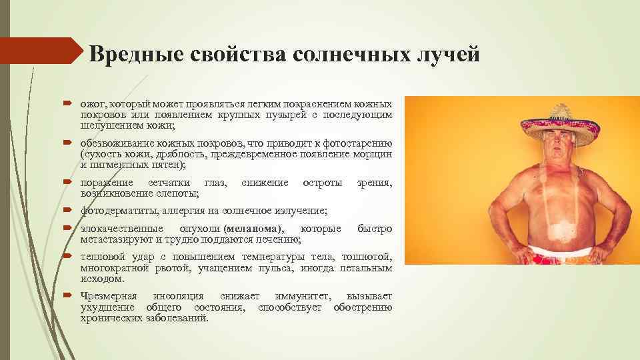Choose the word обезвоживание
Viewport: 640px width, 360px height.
tap(116, 144)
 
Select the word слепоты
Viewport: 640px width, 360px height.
tap(179, 193)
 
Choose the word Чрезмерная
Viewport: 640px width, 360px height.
tap(109, 296)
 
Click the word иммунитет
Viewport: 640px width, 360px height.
tap(305, 296)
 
